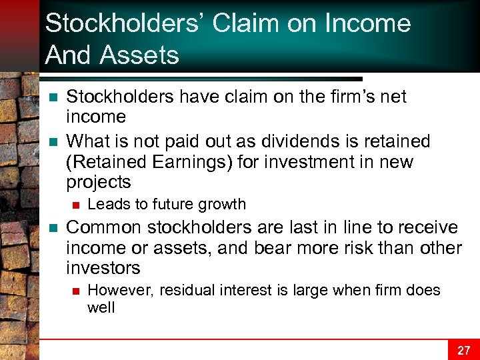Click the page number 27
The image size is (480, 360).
coord(465,349)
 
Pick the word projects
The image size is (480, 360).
coord(99,183)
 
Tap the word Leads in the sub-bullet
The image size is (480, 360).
coord(105,204)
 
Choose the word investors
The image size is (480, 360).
coord(103,269)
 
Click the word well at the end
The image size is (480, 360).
coord(101,307)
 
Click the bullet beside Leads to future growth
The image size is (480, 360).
coord(75,205)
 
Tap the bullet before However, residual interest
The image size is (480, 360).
coord(75,291)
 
